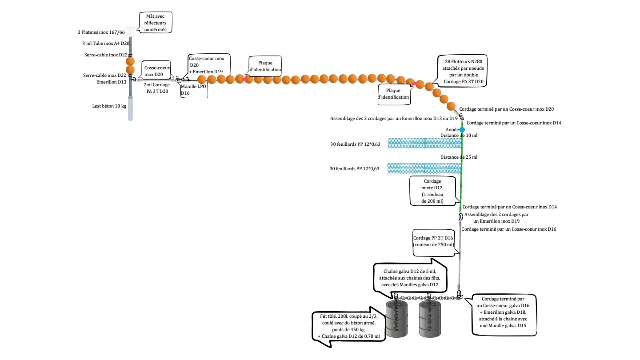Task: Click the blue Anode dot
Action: pos(462,129)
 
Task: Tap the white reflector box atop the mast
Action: pos(130,32)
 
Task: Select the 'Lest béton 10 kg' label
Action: pos(106,106)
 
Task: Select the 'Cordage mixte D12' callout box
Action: pos(432,191)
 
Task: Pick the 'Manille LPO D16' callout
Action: pos(193,90)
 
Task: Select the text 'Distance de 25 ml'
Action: pos(459,157)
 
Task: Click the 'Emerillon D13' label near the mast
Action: pos(111,82)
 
